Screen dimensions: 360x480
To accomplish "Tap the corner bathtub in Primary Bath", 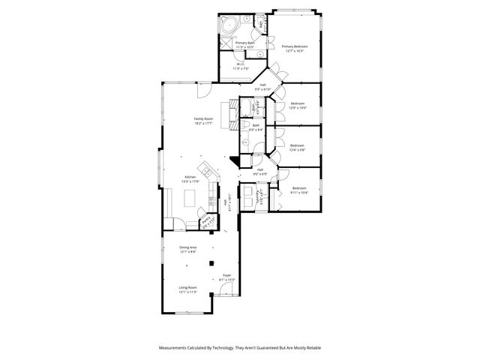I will coord(227,25).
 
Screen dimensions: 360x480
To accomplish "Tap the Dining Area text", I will coord(188,247).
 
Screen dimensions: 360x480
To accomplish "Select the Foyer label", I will coord(226,276).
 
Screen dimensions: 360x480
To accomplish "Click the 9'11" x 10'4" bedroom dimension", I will coord(299,193).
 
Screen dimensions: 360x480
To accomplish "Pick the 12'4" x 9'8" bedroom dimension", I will coord(298,150).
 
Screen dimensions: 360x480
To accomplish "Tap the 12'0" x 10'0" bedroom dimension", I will coord(298,108).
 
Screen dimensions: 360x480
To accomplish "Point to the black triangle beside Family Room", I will coord(235,160).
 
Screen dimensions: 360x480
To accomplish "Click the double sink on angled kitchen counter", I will coord(205,169).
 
